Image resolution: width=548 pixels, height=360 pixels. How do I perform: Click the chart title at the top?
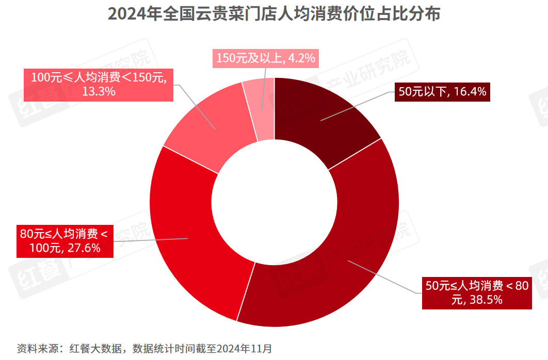tap(274, 14)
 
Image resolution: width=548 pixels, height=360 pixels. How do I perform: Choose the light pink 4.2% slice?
tap(260, 108)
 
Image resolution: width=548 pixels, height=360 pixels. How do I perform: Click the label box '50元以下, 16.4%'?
tap(442, 92)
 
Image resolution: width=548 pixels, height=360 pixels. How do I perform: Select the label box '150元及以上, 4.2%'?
tap(266, 58)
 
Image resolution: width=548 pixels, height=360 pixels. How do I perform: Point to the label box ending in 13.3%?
tap(99, 85)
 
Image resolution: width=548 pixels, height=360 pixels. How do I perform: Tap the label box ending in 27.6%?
tap(65, 241)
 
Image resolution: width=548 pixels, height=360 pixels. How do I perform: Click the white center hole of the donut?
tap(274, 202)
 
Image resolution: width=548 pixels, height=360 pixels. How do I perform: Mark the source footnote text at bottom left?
tap(144, 348)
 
